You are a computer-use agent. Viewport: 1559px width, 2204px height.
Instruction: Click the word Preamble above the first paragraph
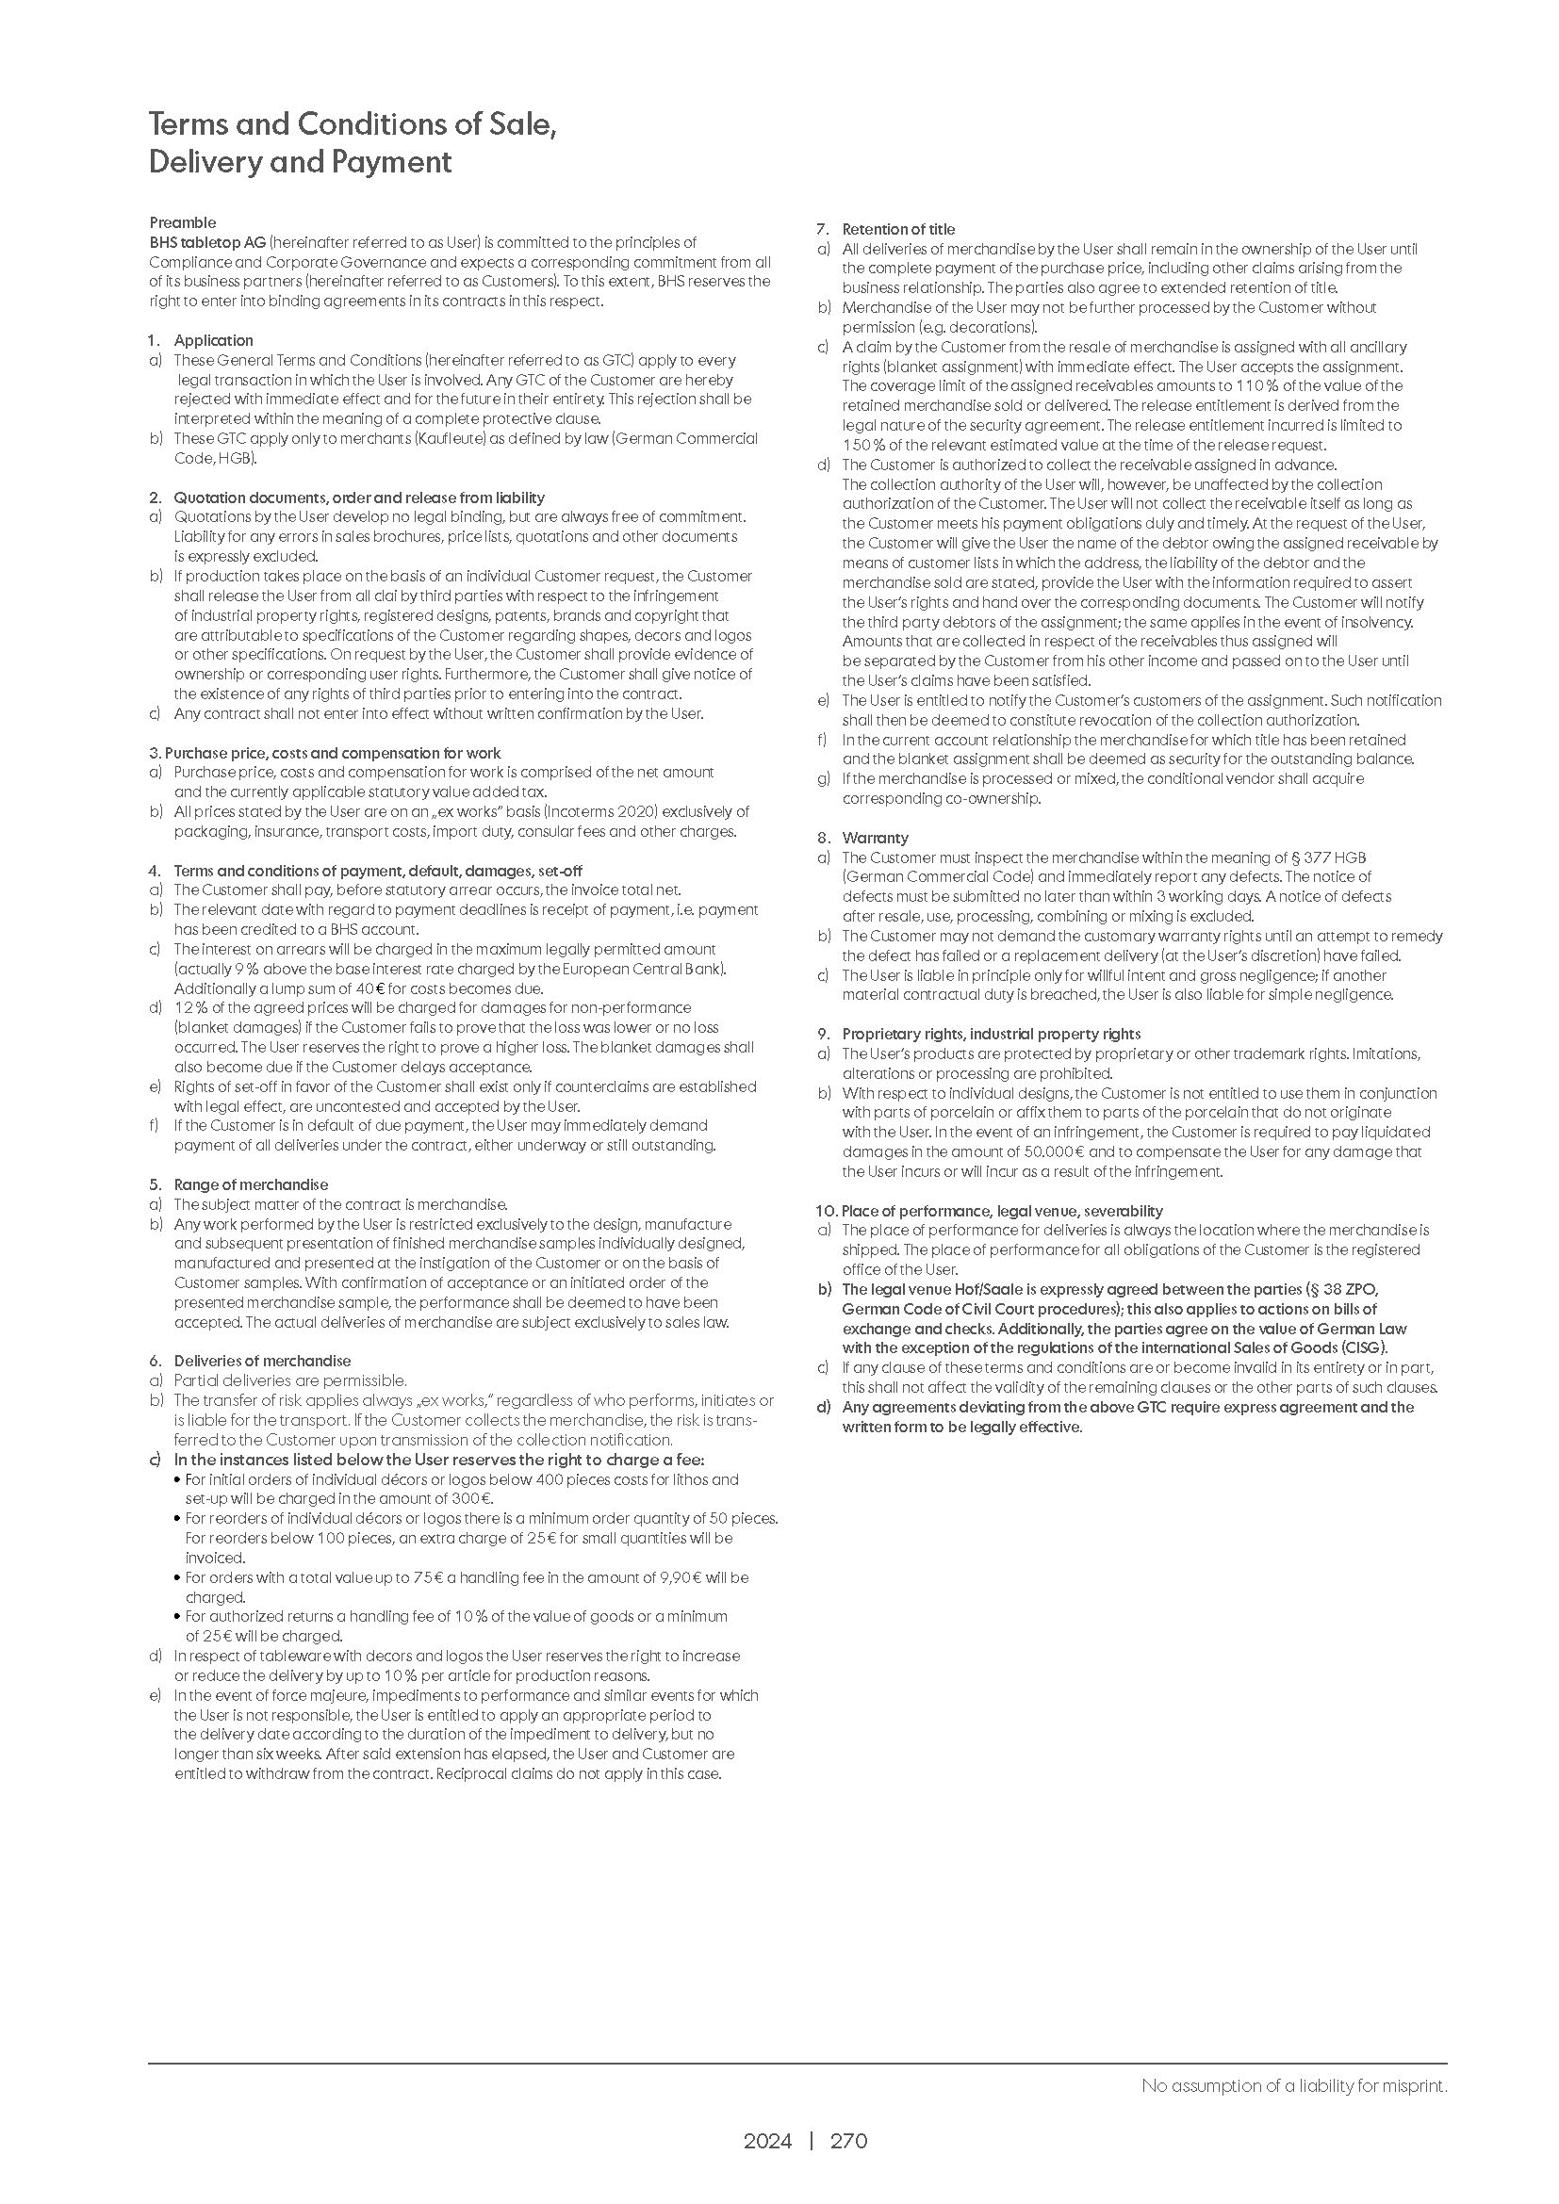(183, 222)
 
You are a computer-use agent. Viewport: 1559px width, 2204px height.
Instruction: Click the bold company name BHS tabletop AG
(207, 243)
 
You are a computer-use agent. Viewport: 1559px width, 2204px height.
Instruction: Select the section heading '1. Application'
(201, 341)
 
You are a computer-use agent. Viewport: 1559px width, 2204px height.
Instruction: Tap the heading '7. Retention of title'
(886, 229)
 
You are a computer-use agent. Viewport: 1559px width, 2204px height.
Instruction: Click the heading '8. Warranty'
(863, 838)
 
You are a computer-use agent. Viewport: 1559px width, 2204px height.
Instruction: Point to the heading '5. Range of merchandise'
(238, 1184)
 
